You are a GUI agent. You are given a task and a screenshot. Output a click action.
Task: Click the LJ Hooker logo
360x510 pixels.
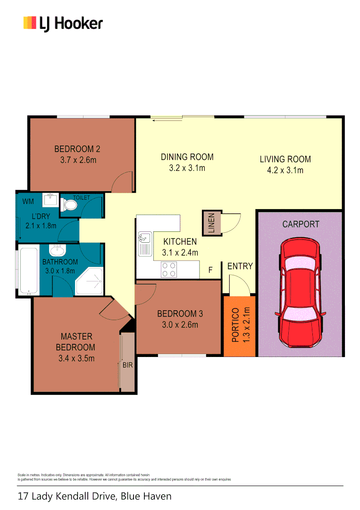point(63,23)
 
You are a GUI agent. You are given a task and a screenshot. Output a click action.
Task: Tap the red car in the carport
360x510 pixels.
point(301,292)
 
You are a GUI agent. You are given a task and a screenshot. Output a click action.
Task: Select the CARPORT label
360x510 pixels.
point(301,224)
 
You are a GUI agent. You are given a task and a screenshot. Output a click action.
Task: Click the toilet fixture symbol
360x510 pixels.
point(70,205)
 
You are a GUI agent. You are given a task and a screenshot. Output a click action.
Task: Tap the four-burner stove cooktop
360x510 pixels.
point(169,269)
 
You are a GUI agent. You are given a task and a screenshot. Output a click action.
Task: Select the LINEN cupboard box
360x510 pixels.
point(209,223)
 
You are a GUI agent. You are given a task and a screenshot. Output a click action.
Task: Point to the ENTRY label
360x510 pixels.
point(240,266)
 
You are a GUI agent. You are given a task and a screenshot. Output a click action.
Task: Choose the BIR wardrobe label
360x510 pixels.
point(127,365)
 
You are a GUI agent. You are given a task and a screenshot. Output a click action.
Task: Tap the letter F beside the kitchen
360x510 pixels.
point(210,271)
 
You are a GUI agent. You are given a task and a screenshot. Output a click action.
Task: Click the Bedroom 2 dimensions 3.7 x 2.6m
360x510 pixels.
point(77,160)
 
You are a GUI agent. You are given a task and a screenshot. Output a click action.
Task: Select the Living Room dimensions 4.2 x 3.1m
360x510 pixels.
point(285,170)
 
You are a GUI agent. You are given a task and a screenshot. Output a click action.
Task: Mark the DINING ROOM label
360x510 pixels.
point(187,157)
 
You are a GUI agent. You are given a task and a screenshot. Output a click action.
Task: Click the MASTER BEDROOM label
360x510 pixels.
point(76,342)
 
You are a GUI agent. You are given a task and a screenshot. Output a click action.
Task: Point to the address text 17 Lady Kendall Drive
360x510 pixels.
point(94,496)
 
